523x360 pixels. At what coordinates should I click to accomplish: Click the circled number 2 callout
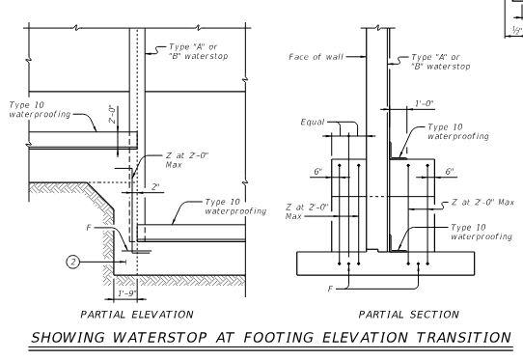[x=72, y=262]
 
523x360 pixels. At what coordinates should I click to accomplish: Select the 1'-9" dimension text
[x=127, y=293]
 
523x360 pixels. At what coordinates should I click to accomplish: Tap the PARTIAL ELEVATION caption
[x=137, y=315]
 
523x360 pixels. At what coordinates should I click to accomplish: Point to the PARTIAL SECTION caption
[x=408, y=315]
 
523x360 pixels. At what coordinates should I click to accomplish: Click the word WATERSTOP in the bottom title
[x=159, y=337]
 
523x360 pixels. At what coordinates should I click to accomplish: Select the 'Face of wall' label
[x=316, y=57]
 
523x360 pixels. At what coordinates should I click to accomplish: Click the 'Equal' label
[x=313, y=123]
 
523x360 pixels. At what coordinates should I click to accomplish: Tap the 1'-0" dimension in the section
[x=424, y=104]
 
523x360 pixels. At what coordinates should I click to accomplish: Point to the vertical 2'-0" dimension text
[x=113, y=114]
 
